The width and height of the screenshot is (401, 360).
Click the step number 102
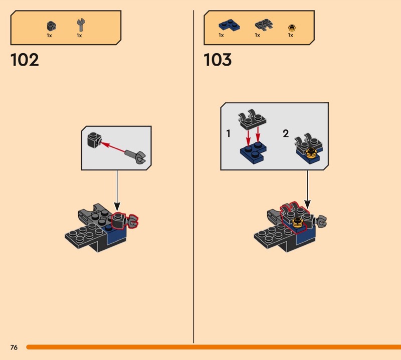25,60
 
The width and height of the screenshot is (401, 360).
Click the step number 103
218,60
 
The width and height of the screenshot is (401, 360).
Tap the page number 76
14,347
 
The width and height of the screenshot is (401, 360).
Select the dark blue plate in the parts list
224,25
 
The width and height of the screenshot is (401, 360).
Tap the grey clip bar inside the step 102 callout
136,156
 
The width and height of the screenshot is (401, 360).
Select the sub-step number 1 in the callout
229,134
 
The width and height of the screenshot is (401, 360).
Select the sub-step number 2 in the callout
286,134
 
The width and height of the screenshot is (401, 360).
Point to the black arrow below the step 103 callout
307,191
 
